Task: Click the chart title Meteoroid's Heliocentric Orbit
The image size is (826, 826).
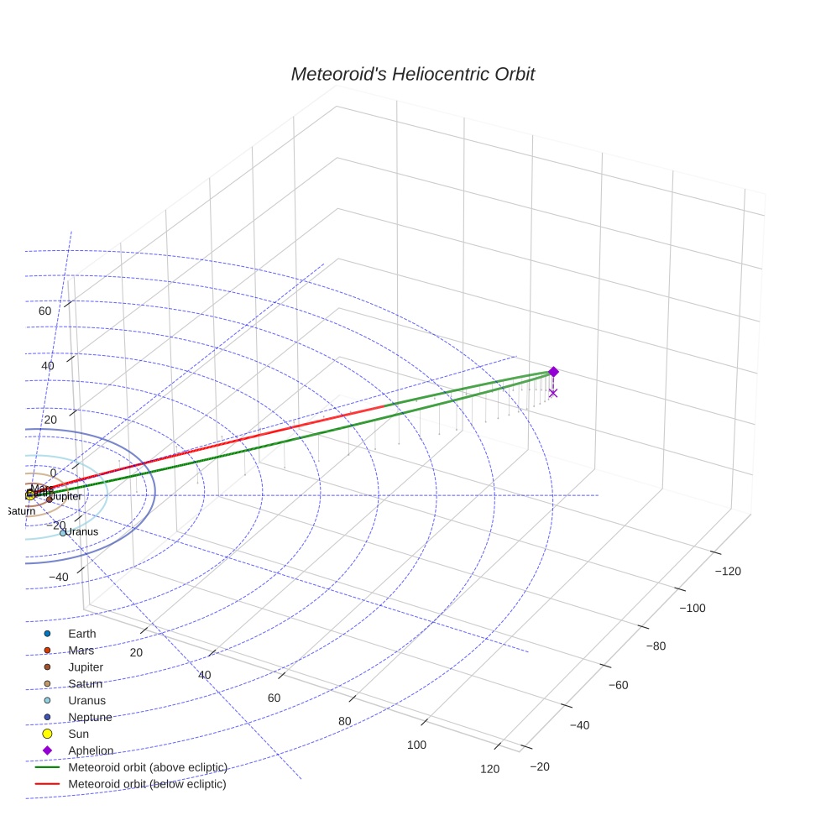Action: tap(412, 75)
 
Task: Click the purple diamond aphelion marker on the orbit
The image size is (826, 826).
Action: tap(553, 372)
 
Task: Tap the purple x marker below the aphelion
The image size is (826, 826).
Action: tap(552, 393)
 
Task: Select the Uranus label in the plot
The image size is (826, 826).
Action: tap(82, 531)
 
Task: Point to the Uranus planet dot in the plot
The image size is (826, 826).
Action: tap(63, 532)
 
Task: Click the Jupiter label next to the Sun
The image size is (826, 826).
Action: tap(65, 497)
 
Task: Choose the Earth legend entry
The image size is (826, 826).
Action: tap(81, 634)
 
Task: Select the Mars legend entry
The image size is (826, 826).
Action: tap(81, 651)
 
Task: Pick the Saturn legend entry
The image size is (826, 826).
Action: tap(85, 684)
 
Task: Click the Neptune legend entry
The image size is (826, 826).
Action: tap(90, 717)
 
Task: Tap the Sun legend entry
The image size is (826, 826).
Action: tap(78, 734)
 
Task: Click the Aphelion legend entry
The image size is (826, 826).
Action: tap(91, 750)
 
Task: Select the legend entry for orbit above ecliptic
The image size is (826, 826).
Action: tap(147, 767)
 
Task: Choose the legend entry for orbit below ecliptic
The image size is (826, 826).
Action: tap(147, 784)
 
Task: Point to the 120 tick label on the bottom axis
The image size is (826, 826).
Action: tap(490, 769)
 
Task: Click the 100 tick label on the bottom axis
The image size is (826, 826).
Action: tap(416, 745)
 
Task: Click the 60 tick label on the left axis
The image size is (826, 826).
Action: tap(44, 311)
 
